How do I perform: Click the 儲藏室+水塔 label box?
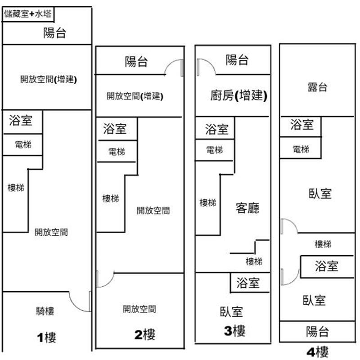[28, 14]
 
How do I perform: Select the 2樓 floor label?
[144, 334]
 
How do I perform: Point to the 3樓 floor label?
[234, 331]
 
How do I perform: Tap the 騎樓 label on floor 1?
[45, 310]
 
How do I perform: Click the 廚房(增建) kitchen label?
[238, 95]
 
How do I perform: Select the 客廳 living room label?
[247, 208]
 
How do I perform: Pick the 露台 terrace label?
[317, 87]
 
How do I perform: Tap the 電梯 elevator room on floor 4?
[301, 148]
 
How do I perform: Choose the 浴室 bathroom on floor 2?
[115, 129]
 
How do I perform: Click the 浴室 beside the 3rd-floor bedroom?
[248, 283]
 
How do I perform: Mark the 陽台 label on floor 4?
[317, 332]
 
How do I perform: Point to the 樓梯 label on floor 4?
[323, 244]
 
